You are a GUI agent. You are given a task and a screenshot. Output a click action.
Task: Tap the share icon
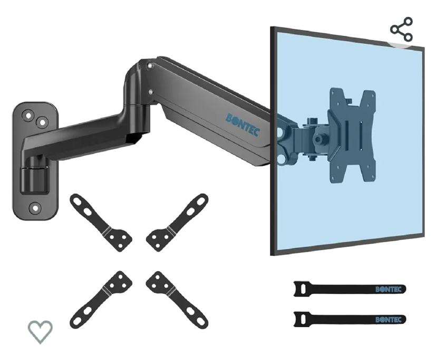coord(402,29)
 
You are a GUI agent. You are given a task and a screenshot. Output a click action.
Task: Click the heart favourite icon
coord(40,331)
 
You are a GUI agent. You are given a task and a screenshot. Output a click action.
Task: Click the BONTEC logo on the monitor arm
coord(243,125)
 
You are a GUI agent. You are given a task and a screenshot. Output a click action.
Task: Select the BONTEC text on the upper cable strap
coord(389,289)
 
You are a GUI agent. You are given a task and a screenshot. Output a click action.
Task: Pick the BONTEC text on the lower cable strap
coord(389,320)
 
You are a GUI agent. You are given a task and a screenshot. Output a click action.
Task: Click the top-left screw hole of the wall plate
coord(28,115)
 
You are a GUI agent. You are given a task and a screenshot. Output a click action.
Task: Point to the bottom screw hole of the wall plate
coord(35,208)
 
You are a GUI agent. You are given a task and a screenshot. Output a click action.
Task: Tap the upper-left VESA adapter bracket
coord(100,223)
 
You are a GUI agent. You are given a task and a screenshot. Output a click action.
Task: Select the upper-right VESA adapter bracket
coord(177,223)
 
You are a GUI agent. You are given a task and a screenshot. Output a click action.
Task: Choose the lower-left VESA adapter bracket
coord(100,300)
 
